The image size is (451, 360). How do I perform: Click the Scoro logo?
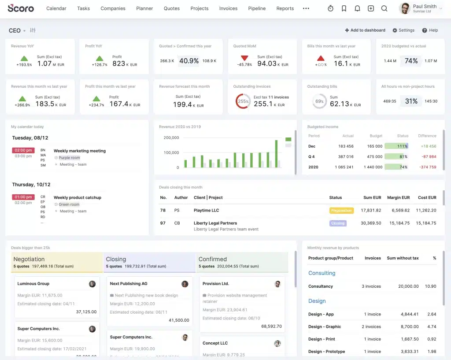(21, 8)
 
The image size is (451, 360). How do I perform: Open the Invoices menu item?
(228, 8)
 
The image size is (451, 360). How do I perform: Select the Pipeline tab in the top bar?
(257, 8)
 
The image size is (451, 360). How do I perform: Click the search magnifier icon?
(384, 8)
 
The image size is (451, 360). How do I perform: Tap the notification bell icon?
(357, 8)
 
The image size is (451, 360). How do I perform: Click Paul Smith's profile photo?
(404, 8)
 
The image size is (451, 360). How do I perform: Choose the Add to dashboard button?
(365, 30)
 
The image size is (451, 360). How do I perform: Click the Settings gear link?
(403, 30)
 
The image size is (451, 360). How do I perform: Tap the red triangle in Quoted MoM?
(244, 58)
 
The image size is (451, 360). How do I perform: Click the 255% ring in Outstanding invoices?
(243, 101)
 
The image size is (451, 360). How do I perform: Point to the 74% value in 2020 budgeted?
(411, 61)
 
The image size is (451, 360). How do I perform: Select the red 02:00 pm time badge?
(23, 150)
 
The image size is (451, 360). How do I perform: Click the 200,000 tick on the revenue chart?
(171, 138)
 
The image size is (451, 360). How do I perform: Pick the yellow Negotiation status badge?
(341, 211)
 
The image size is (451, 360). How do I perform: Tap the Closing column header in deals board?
(116, 259)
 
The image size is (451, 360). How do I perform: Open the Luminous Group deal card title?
(33, 284)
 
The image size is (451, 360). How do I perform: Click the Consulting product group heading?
(322, 273)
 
